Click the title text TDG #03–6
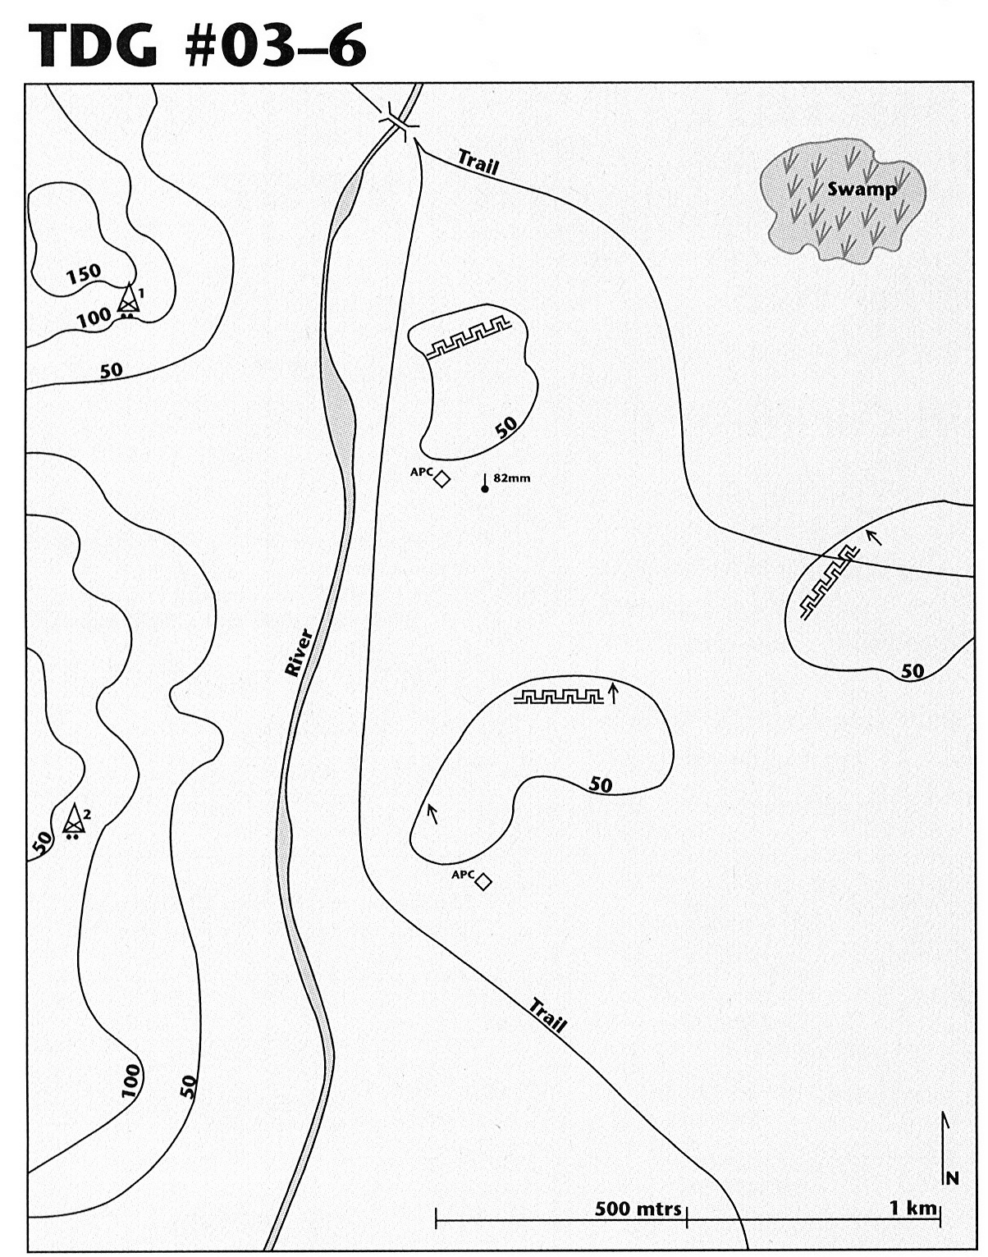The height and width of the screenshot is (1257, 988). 197,46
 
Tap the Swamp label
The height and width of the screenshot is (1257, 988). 862,190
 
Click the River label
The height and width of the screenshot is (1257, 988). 299,652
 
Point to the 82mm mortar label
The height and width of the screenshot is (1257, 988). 511,478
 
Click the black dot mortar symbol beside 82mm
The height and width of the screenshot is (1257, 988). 485,489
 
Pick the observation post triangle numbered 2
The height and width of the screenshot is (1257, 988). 74,818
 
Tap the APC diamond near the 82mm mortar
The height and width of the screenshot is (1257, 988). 442,479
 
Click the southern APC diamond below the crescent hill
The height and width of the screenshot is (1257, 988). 483,881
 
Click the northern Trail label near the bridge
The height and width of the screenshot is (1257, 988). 478,162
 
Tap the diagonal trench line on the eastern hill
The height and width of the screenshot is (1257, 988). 830,582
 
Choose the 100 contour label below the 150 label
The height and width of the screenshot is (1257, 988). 94,318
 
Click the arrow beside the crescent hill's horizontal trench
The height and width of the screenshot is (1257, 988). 614,692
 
